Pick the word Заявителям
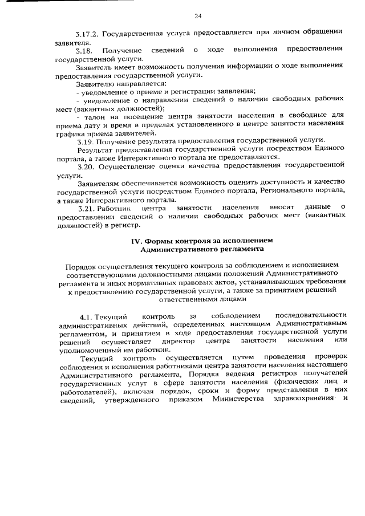coord(98,182)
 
